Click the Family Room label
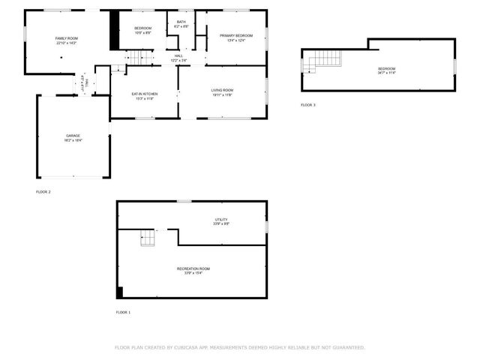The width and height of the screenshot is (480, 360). point(66,38)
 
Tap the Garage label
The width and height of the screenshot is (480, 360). point(73,136)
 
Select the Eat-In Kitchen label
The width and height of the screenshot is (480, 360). point(144,94)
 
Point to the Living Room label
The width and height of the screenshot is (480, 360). point(222,90)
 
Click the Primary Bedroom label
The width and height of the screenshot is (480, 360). point(235,35)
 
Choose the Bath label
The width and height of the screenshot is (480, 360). point(181,22)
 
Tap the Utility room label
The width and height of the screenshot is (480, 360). point(220,219)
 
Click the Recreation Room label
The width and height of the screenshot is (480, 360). point(193,268)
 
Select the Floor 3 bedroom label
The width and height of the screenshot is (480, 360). point(386,69)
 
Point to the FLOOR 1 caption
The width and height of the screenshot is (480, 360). point(123,312)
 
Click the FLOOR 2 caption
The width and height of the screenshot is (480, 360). point(43,192)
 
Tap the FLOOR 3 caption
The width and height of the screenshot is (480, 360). point(307,105)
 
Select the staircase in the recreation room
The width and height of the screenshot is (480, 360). point(148,238)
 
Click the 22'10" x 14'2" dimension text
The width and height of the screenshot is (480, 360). point(66,43)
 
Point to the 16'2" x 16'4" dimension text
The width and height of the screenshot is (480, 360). point(73,140)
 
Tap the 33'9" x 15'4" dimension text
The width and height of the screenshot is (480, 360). point(193,273)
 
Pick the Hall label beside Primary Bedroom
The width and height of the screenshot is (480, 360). point(178,55)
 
